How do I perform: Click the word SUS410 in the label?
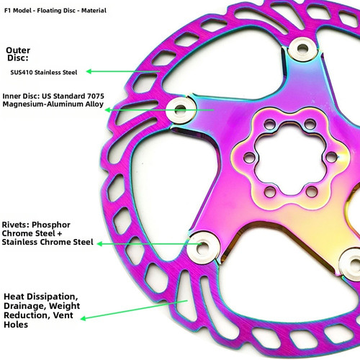[x=22, y=72]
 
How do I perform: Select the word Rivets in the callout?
[x=16, y=225]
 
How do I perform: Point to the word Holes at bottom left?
[x=16, y=325]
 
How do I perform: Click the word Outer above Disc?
[x=18, y=50]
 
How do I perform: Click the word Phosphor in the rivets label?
[x=51, y=225]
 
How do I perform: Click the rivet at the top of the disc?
[x=302, y=49]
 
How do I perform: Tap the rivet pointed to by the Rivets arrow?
[x=203, y=247]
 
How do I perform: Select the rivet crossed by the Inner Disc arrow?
[x=181, y=110]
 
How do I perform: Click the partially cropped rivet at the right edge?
[x=351, y=262]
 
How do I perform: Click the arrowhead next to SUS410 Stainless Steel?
[x=89, y=71]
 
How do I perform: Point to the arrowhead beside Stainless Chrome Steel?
[x=100, y=244]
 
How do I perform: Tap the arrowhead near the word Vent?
[x=84, y=318]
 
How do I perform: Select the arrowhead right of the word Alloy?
[x=109, y=110]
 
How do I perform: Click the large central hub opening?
[x=289, y=158]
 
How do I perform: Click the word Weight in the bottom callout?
[x=64, y=306]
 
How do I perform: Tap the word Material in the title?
[x=94, y=11]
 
